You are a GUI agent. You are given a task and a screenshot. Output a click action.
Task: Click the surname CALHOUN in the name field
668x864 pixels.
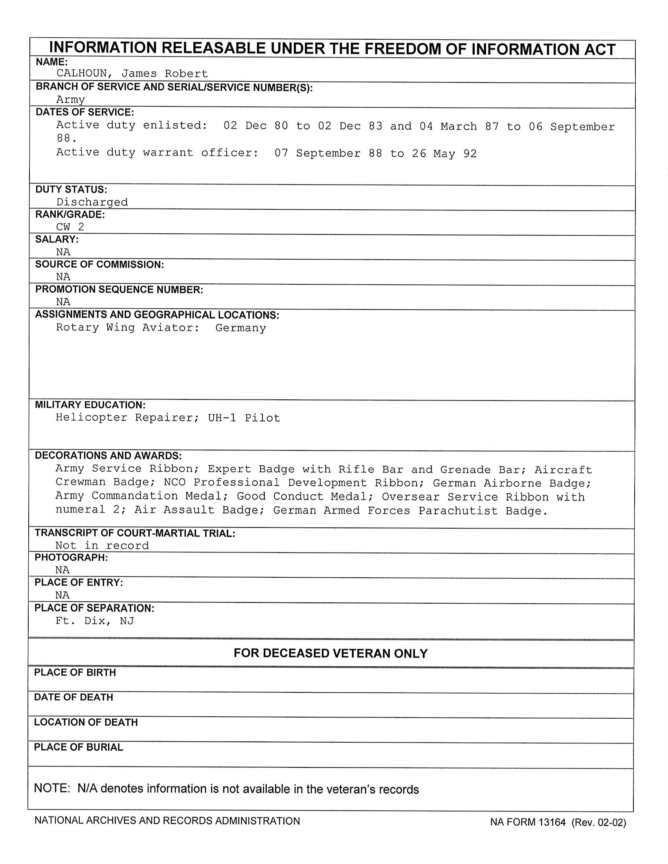81,73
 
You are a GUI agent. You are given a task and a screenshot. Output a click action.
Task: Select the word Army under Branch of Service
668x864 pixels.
70,99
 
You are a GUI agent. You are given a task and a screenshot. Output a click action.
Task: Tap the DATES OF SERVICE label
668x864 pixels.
85,112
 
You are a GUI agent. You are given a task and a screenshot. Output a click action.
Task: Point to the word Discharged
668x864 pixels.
92,202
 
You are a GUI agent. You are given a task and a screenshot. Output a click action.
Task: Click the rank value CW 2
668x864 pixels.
70,227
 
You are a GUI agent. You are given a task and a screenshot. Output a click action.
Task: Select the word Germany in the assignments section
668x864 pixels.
240,328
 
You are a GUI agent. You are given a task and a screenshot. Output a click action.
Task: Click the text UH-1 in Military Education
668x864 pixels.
222,418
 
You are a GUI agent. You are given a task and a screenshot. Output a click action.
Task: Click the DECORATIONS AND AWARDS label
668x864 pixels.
108,455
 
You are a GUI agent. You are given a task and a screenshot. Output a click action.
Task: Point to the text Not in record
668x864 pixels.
102,545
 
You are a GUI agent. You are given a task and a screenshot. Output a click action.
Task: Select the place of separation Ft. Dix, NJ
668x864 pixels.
95,621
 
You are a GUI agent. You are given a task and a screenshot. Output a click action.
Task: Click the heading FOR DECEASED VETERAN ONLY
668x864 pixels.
330,653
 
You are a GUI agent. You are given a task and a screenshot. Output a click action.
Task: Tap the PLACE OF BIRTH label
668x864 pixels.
75,672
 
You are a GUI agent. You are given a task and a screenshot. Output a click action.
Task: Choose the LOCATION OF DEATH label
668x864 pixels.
86,722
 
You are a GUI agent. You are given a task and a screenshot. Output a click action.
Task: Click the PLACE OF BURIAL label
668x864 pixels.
78,747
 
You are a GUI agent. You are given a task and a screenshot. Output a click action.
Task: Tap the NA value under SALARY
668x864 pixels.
63,252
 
